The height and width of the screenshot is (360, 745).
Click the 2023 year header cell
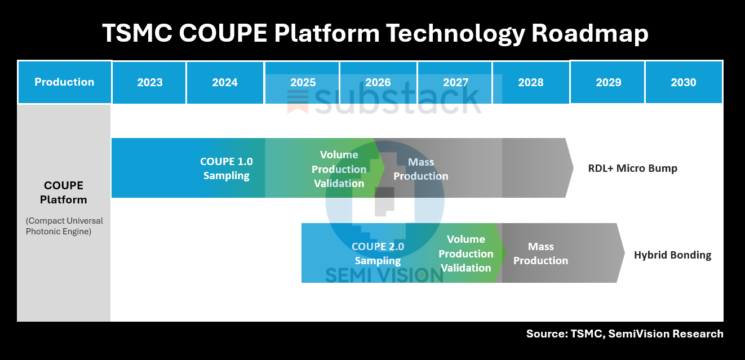point(149,82)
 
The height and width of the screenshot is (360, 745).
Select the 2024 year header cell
point(225,82)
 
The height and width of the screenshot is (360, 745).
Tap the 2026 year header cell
point(378,82)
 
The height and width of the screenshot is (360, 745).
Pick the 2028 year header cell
point(530,82)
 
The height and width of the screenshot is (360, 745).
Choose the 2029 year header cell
point(608,82)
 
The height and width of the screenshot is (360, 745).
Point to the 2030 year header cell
point(683,82)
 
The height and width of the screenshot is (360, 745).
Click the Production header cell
point(64,82)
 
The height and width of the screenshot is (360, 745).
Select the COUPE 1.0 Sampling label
point(227,168)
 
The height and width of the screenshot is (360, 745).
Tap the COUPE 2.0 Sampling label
point(378,254)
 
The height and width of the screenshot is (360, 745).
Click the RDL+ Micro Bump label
point(632,168)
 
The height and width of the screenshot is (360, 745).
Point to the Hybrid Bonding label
point(672,255)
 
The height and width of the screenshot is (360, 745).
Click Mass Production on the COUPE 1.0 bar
point(421,169)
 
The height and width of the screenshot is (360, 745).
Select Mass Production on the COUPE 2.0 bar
point(540,254)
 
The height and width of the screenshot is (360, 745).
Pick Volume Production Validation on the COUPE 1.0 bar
point(339,169)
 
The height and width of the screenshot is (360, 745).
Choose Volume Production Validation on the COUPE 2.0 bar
point(466,254)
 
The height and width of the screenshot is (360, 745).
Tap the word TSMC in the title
point(136,34)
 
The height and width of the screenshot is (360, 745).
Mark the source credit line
point(624,334)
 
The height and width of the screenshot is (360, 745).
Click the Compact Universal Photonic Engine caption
point(64,226)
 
